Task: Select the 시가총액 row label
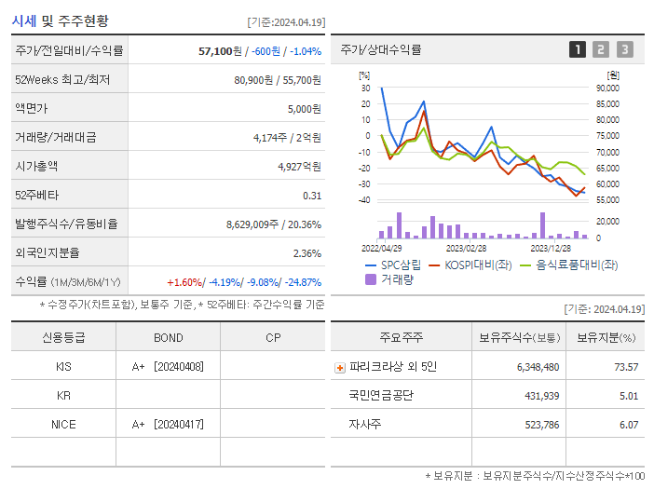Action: (x=36, y=167)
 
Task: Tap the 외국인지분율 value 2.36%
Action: (x=307, y=253)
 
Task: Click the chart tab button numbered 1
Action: (x=578, y=50)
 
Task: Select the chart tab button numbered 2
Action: (x=601, y=50)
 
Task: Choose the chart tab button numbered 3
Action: (x=624, y=50)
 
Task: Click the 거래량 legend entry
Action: (x=390, y=279)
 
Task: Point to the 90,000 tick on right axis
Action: (x=607, y=88)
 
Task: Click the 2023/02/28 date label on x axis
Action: (x=466, y=249)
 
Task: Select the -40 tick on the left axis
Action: (x=363, y=200)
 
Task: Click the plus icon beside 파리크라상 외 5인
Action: (x=340, y=368)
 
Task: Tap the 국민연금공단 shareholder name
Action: (x=381, y=396)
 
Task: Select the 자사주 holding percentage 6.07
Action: (x=628, y=425)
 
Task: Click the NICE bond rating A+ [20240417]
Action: (x=168, y=425)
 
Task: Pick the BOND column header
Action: (x=168, y=337)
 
